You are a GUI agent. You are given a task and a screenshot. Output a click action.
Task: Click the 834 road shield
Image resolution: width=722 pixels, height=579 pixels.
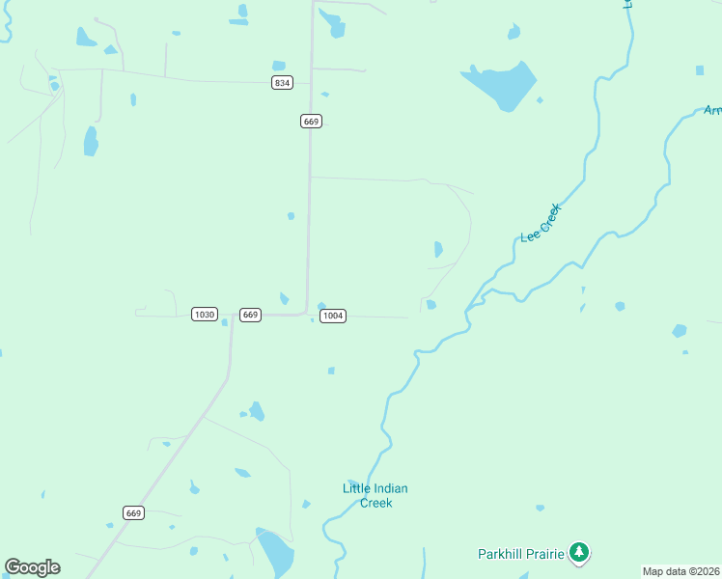tap(282, 83)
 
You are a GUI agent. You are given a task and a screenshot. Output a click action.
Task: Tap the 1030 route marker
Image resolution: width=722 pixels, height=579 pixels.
tap(204, 315)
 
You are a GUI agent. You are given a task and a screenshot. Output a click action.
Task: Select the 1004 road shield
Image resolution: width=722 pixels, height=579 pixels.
tap(332, 316)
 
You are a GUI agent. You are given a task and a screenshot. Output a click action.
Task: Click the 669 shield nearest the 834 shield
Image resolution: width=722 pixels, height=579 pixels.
tap(311, 121)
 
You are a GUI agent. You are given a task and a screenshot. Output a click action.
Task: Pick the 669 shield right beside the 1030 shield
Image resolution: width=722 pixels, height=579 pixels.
tap(250, 315)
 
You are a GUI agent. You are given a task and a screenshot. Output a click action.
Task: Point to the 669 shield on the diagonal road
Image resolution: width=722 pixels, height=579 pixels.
tap(133, 512)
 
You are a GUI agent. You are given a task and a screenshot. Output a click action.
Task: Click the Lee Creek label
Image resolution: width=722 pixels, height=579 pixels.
tap(541, 224)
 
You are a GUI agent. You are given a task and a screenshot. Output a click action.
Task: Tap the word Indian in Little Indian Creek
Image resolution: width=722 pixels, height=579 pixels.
tap(390, 488)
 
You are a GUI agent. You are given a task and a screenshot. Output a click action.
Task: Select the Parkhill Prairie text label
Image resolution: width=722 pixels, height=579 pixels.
tap(521, 554)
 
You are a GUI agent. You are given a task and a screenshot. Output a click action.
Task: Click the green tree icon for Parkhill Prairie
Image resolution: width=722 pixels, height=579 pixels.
tap(579, 552)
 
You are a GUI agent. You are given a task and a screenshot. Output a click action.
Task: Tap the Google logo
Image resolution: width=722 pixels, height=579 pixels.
tap(32, 567)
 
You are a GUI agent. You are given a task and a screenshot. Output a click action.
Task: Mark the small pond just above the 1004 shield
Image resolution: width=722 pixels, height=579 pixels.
tap(321, 306)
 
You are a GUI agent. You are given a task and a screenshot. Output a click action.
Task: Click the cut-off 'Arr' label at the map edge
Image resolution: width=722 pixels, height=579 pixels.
tap(712, 110)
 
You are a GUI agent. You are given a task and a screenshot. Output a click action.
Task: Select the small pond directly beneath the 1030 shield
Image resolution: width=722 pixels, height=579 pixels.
tap(224, 322)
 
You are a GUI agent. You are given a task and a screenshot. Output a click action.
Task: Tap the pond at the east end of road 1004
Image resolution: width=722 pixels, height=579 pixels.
tap(430, 305)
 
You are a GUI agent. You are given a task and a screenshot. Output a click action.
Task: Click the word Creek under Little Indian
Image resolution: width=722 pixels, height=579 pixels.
tap(375, 503)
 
